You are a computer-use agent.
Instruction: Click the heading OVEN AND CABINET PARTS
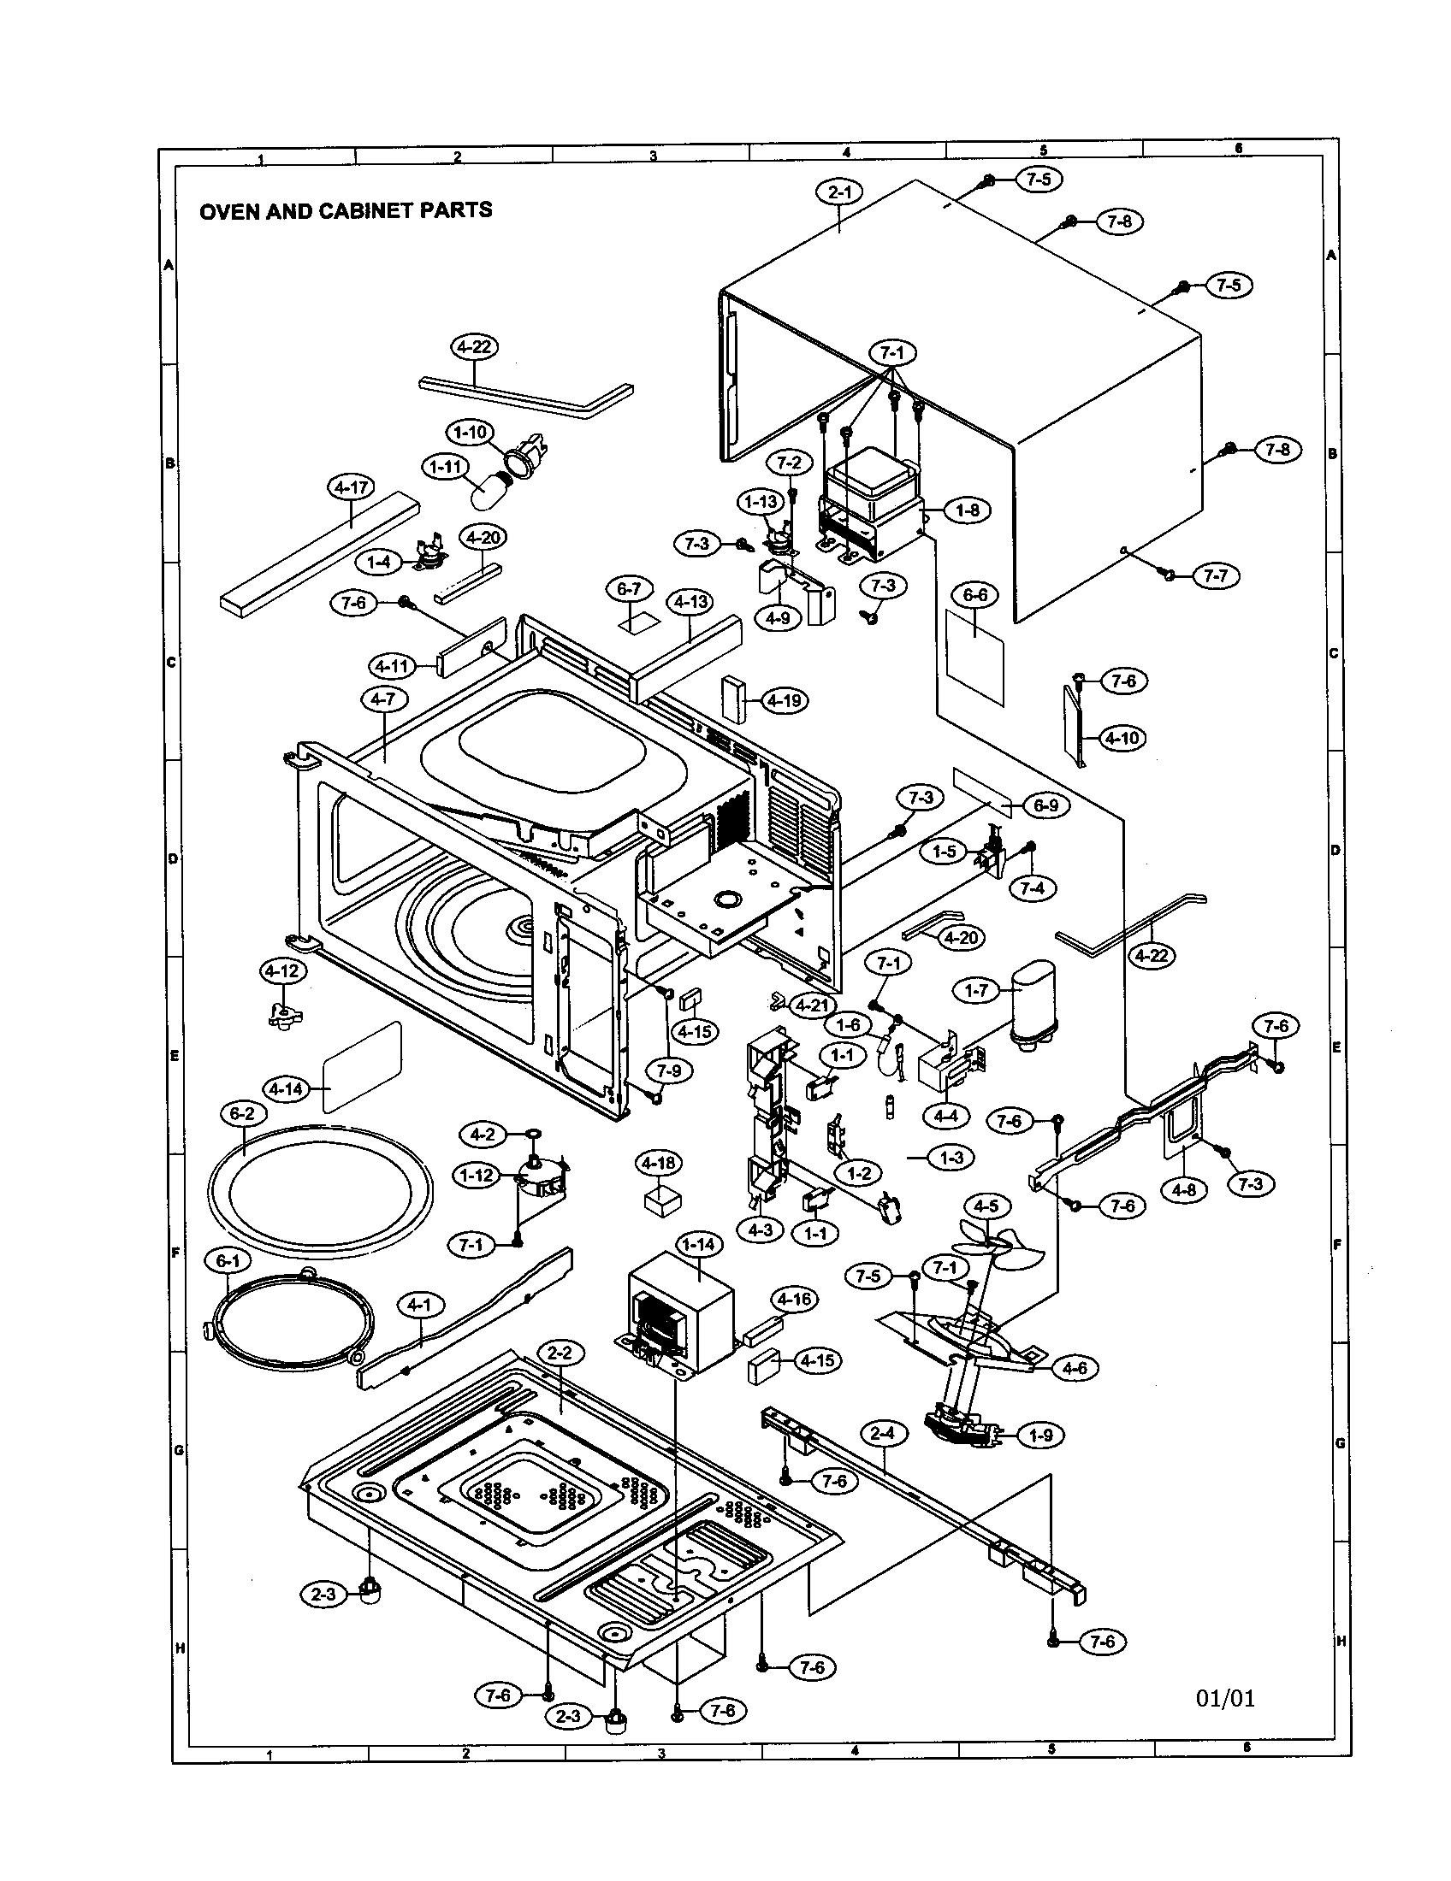click(346, 210)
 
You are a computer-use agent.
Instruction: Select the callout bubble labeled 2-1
click(839, 193)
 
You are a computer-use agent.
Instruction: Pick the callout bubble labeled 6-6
click(974, 594)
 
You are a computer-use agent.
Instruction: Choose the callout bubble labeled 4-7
click(383, 699)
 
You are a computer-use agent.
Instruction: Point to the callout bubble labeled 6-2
click(243, 1113)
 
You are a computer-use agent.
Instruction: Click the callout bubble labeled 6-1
click(228, 1262)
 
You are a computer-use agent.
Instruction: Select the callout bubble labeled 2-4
click(883, 1434)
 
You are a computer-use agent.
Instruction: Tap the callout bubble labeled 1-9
click(1041, 1435)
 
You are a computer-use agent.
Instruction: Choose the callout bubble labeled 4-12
click(282, 971)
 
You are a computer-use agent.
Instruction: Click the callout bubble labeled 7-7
click(1216, 575)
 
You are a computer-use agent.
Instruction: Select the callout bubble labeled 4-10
click(1122, 738)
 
